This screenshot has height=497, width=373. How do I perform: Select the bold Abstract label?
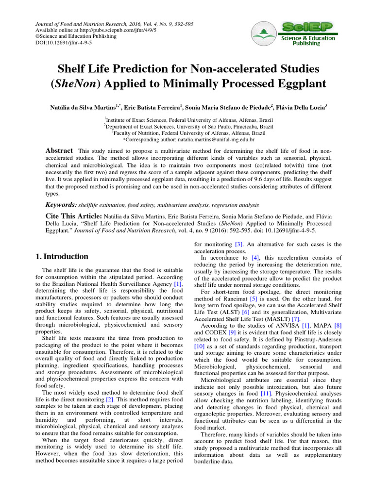(x=59, y=151)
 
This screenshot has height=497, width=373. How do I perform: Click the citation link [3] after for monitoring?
(x=238, y=244)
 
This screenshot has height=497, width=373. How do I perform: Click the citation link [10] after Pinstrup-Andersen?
(x=200, y=347)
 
